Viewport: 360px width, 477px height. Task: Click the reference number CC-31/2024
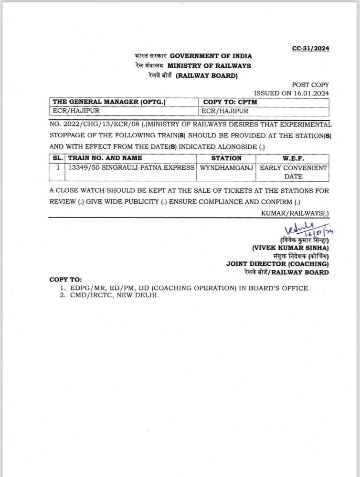pyautogui.click(x=310, y=48)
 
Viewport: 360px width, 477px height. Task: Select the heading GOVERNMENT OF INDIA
pyautogui.click(x=211, y=56)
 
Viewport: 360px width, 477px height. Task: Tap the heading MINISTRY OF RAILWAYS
pyautogui.click(x=209, y=66)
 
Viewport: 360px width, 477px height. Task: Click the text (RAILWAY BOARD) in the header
pyautogui.click(x=207, y=75)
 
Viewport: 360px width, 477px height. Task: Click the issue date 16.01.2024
pyautogui.click(x=311, y=93)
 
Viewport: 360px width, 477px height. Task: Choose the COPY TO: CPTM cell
pyautogui.click(x=230, y=102)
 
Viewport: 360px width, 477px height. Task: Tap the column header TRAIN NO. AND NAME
pyautogui.click(x=106, y=158)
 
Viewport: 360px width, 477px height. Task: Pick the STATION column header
pyautogui.click(x=226, y=158)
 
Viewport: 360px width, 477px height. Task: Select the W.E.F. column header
pyautogui.click(x=293, y=158)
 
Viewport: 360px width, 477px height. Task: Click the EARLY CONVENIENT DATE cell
pyautogui.click(x=293, y=172)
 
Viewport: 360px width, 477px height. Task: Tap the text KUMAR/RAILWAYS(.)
pyautogui.click(x=295, y=213)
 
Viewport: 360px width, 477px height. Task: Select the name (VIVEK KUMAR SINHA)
pyautogui.click(x=290, y=248)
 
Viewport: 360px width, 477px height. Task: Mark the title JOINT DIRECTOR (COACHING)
pyautogui.click(x=277, y=264)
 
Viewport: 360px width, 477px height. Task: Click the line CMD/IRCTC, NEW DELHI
pyautogui.click(x=113, y=295)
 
